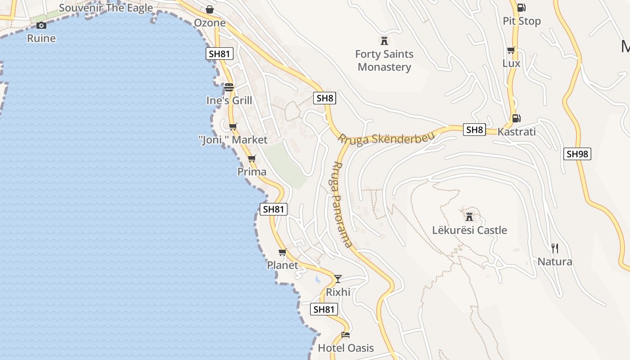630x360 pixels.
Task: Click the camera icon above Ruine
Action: (41, 25)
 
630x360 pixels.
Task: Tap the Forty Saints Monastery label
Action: (384, 60)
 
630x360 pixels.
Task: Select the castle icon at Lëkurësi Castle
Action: (469, 217)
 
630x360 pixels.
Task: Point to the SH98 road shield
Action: (577, 154)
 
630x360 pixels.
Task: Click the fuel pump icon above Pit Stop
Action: (522, 8)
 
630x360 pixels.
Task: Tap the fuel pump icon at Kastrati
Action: (516, 118)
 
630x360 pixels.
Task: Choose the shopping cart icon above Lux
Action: (511, 50)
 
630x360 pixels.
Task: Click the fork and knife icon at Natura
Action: (555, 248)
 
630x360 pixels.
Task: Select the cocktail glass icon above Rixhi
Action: (338, 279)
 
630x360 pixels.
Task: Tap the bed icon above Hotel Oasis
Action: (346, 334)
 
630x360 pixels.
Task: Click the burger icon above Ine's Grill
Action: (229, 87)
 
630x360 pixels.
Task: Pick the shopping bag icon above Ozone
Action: (210, 9)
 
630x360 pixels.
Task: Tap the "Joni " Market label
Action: (233, 140)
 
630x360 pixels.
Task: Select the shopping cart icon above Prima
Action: (252, 158)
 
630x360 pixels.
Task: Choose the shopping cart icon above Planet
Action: (282, 252)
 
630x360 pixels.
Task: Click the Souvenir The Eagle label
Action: (106, 8)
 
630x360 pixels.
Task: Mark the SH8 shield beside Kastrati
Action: (474, 130)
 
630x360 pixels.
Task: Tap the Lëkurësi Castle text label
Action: (469, 230)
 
